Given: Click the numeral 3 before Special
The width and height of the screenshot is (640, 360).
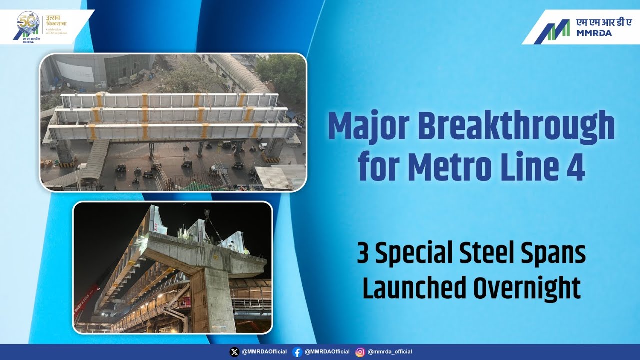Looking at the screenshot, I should click(363, 254).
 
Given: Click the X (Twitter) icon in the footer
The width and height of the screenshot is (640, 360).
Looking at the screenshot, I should click(234, 352).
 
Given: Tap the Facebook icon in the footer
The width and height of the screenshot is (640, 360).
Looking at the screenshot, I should click(297, 352).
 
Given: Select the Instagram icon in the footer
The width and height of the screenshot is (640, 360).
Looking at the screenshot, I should click(360, 352).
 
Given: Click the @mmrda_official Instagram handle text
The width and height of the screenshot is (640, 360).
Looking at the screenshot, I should click(390, 352).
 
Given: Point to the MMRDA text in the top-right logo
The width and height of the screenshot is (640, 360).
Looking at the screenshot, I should click(594, 33).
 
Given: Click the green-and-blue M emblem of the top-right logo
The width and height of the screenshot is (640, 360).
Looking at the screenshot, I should click(552, 31).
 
